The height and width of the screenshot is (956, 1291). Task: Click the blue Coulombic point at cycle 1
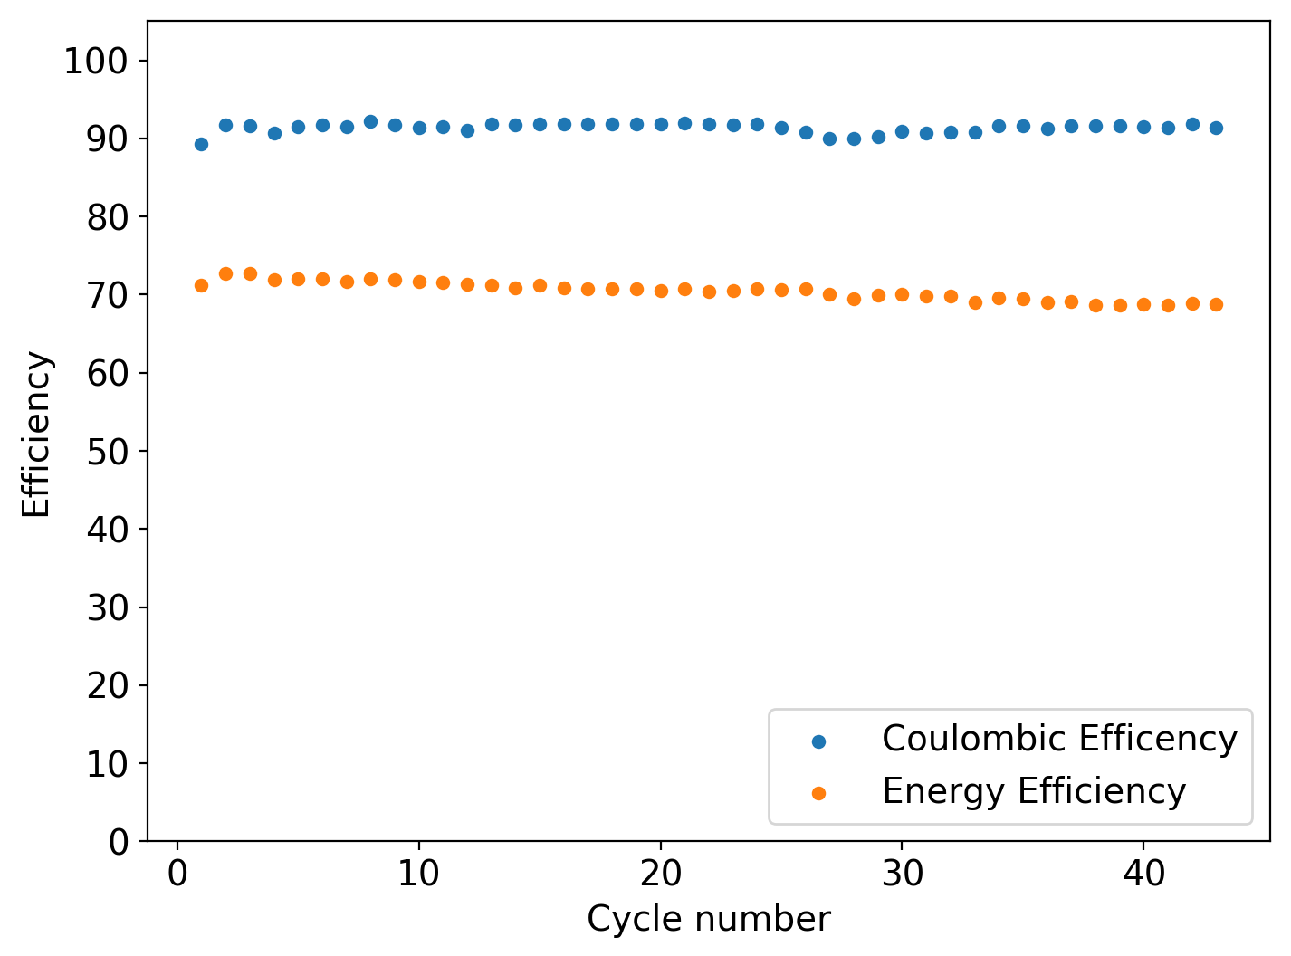pyautogui.click(x=201, y=144)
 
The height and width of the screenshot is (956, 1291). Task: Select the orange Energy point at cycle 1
pyautogui.click(x=201, y=285)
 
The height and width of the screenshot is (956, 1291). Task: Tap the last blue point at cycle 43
pyautogui.click(x=1216, y=128)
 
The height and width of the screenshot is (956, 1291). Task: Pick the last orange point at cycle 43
pyautogui.click(x=1216, y=304)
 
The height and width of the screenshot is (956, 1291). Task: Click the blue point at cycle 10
pyautogui.click(x=419, y=128)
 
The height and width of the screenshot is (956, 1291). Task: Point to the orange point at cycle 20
pyautogui.click(x=661, y=291)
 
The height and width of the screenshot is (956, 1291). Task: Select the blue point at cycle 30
pyautogui.click(x=902, y=131)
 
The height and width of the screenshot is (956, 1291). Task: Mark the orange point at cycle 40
pyautogui.click(x=1143, y=304)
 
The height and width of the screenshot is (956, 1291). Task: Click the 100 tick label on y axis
pyautogui.click(x=95, y=62)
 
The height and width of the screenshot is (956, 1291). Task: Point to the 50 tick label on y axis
pyautogui.click(x=107, y=452)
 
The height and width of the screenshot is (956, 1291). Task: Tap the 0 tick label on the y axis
pyautogui.click(x=119, y=842)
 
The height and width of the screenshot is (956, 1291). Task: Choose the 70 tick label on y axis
pyautogui.click(x=107, y=295)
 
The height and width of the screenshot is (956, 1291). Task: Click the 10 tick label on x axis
pyautogui.click(x=419, y=875)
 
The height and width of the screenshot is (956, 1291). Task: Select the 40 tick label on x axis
pyautogui.click(x=1143, y=875)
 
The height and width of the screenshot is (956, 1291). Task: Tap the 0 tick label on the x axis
pyautogui.click(x=177, y=875)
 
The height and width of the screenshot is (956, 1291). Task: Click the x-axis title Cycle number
pyautogui.click(x=708, y=919)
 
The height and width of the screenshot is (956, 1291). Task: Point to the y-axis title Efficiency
pyautogui.click(x=36, y=434)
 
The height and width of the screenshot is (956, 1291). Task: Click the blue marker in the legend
pyautogui.click(x=819, y=741)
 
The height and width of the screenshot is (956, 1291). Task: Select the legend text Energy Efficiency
pyautogui.click(x=1033, y=791)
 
